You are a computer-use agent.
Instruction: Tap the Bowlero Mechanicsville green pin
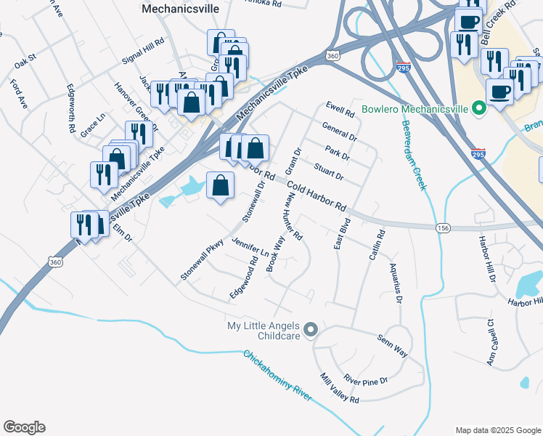pyautogui.click(x=478, y=110)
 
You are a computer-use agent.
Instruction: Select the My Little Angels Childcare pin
pyautogui.click(x=311, y=331)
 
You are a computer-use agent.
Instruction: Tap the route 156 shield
pyautogui.click(x=443, y=228)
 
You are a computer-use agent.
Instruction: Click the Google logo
pyautogui.click(x=24, y=427)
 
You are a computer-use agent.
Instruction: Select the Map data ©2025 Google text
pyautogui.click(x=497, y=429)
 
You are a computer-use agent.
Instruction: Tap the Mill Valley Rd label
pyautogui.click(x=340, y=389)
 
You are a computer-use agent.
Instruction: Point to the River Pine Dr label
pyautogui.click(x=366, y=379)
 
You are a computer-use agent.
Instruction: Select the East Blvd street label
pyautogui.click(x=341, y=233)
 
